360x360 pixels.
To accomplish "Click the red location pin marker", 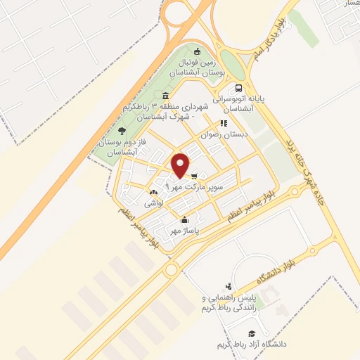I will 180,165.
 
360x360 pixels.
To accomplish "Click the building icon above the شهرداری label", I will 165,96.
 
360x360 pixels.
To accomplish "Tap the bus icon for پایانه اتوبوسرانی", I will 239,89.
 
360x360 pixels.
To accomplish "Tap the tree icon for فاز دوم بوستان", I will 122,130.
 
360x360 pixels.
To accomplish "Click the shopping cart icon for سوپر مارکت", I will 194,176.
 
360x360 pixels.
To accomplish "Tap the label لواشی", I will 154,202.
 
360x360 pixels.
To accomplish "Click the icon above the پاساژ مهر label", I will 184,219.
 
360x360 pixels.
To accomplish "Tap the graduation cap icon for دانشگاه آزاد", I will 251,333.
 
